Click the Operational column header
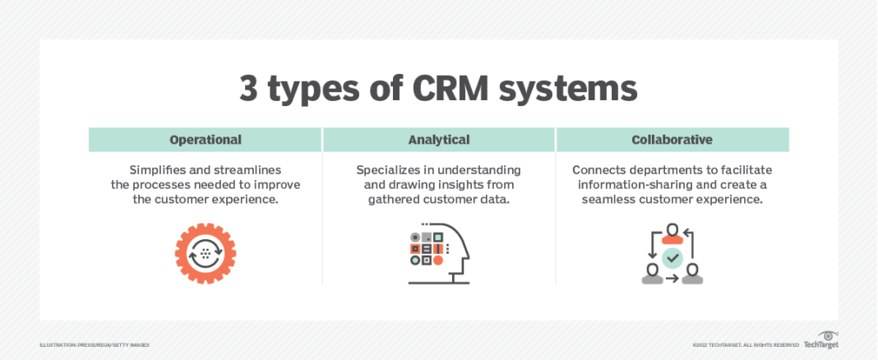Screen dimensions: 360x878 tap(206, 140)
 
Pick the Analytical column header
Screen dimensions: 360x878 tap(439, 140)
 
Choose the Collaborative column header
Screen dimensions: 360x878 tap(672, 140)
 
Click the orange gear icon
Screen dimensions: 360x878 tap(206, 254)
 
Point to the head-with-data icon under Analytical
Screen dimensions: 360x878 tap(438, 254)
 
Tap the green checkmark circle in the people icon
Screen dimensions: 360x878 tap(672, 258)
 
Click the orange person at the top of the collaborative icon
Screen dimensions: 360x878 tap(672, 233)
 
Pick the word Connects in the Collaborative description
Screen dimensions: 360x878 tap(601, 170)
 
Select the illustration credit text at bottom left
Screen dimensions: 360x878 tap(95, 345)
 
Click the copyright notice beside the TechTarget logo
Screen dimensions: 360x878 tap(746, 345)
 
